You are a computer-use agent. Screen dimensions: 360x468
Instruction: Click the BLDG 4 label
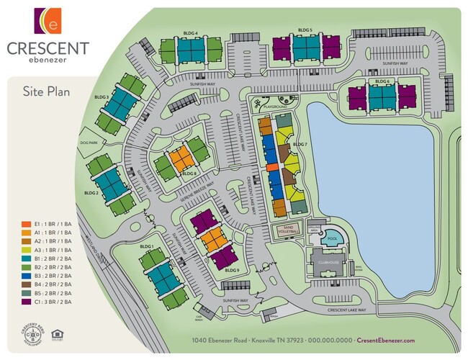[x=191, y=32]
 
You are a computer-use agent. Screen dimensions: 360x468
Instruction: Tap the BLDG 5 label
[x=305, y=30]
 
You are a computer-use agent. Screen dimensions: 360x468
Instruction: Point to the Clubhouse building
[x=328, y=264]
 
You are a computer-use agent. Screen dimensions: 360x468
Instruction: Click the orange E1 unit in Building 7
[x=272, y=166]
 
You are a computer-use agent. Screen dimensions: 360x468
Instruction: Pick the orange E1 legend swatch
[x=27, y=224]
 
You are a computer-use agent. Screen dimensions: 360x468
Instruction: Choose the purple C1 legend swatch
[x=27, y=302]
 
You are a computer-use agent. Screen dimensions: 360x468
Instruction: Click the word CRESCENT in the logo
[x=48, y=48]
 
